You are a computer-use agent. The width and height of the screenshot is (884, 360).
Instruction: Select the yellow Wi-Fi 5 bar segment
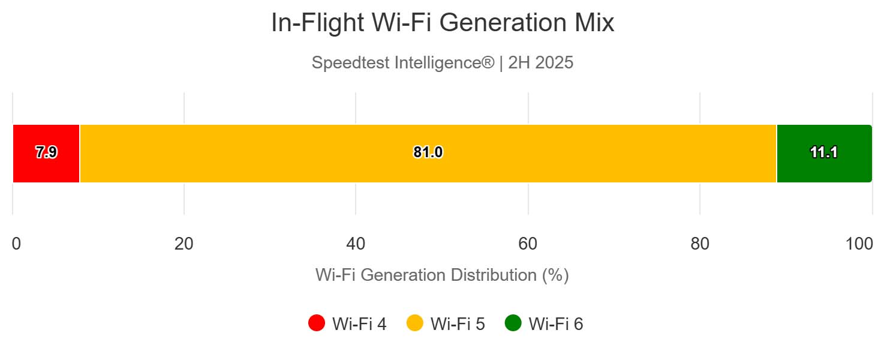coord(300,154)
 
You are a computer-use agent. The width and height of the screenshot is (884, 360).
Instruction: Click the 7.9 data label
coord(46,153)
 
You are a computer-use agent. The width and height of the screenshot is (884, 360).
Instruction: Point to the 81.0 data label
coord(428,153)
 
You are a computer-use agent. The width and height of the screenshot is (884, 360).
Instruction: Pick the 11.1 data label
coord(823,153)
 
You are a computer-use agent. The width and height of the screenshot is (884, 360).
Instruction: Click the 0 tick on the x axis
coord(16,244)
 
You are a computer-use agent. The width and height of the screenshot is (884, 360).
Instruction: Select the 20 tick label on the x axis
coord(184,244)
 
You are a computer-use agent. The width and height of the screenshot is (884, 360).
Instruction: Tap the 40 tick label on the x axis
coord(356,244)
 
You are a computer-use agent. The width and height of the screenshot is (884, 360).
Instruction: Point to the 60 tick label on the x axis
coord(528,244)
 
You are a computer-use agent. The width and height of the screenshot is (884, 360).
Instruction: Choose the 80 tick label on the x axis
coord(700,244)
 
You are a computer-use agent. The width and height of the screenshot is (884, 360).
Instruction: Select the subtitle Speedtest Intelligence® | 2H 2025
coord(443,63)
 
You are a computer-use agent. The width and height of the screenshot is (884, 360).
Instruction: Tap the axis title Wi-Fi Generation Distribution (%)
coord(442,275)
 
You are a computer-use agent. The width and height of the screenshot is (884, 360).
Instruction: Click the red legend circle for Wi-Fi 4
coord(317,323)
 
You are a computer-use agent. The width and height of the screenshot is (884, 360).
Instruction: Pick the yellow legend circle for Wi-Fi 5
coord(415,323)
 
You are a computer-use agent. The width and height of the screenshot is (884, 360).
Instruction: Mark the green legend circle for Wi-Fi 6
coord(513,323)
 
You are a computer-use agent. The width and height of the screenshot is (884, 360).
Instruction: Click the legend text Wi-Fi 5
coord(458,324)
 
